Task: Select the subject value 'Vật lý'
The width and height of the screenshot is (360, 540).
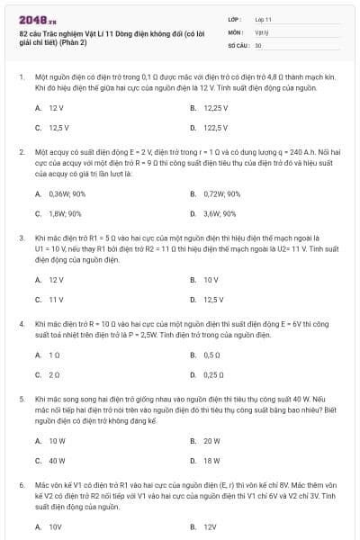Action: [x=262, y=31]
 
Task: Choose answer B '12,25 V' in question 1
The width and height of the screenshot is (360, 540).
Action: [x=211, y=107]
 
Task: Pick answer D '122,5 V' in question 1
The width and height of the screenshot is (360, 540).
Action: [x=210, y=128]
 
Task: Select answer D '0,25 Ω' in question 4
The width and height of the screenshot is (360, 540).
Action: [x=212, y=374]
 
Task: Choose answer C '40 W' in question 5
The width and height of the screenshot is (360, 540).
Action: [x=57, y=460]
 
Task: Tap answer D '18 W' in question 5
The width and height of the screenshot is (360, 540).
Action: [x=211, y=460]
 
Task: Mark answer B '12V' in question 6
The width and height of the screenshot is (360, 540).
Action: [x=209, y=526]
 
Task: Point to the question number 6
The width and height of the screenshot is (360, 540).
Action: [x=22, y=484]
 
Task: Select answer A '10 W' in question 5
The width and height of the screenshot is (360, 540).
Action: [x=57, y=440]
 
